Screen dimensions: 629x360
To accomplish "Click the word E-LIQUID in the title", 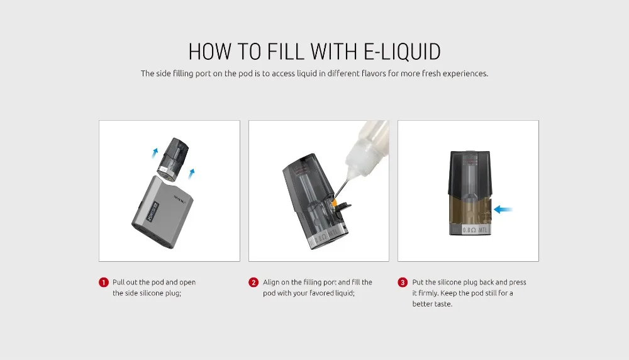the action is click(402, 52).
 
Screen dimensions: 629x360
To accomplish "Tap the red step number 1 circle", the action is click(104, 283).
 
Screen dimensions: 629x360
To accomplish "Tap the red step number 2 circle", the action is click(253, 283).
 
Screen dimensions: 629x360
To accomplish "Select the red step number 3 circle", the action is click(403, 283).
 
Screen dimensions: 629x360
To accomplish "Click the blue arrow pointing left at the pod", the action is click(503, 209).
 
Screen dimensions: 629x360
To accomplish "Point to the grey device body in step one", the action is click(162, 212).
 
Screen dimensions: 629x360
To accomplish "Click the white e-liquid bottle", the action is click(368, 147).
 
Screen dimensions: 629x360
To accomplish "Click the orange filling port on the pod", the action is click(333, 201).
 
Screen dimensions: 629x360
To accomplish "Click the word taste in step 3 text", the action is click(443, 304).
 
